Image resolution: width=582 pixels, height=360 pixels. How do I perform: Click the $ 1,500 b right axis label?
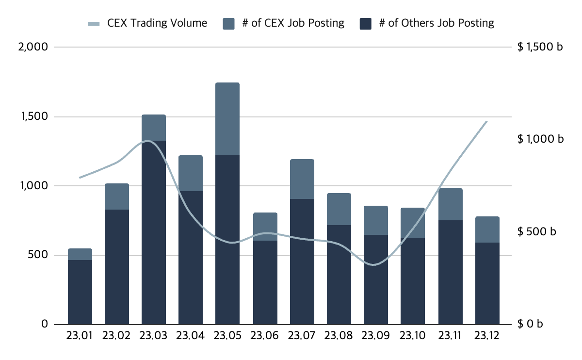[x=540, y=47]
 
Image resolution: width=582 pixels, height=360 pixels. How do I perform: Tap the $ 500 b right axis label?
[x=536, y=231]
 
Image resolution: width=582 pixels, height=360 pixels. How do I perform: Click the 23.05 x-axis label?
[x=227, y=336]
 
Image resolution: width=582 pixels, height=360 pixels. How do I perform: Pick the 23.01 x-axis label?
[x=80, y=336]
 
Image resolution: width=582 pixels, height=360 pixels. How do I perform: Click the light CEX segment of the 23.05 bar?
[x=227, y=119]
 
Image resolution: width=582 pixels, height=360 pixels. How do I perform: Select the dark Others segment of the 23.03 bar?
[x=153, y=233]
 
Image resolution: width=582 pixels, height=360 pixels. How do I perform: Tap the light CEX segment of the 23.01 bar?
[x=80, y=254]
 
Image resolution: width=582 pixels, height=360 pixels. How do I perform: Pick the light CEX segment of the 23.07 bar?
[x=302, y=179]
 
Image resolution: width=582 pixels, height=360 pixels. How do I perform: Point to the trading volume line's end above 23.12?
[x=486, y=121]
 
